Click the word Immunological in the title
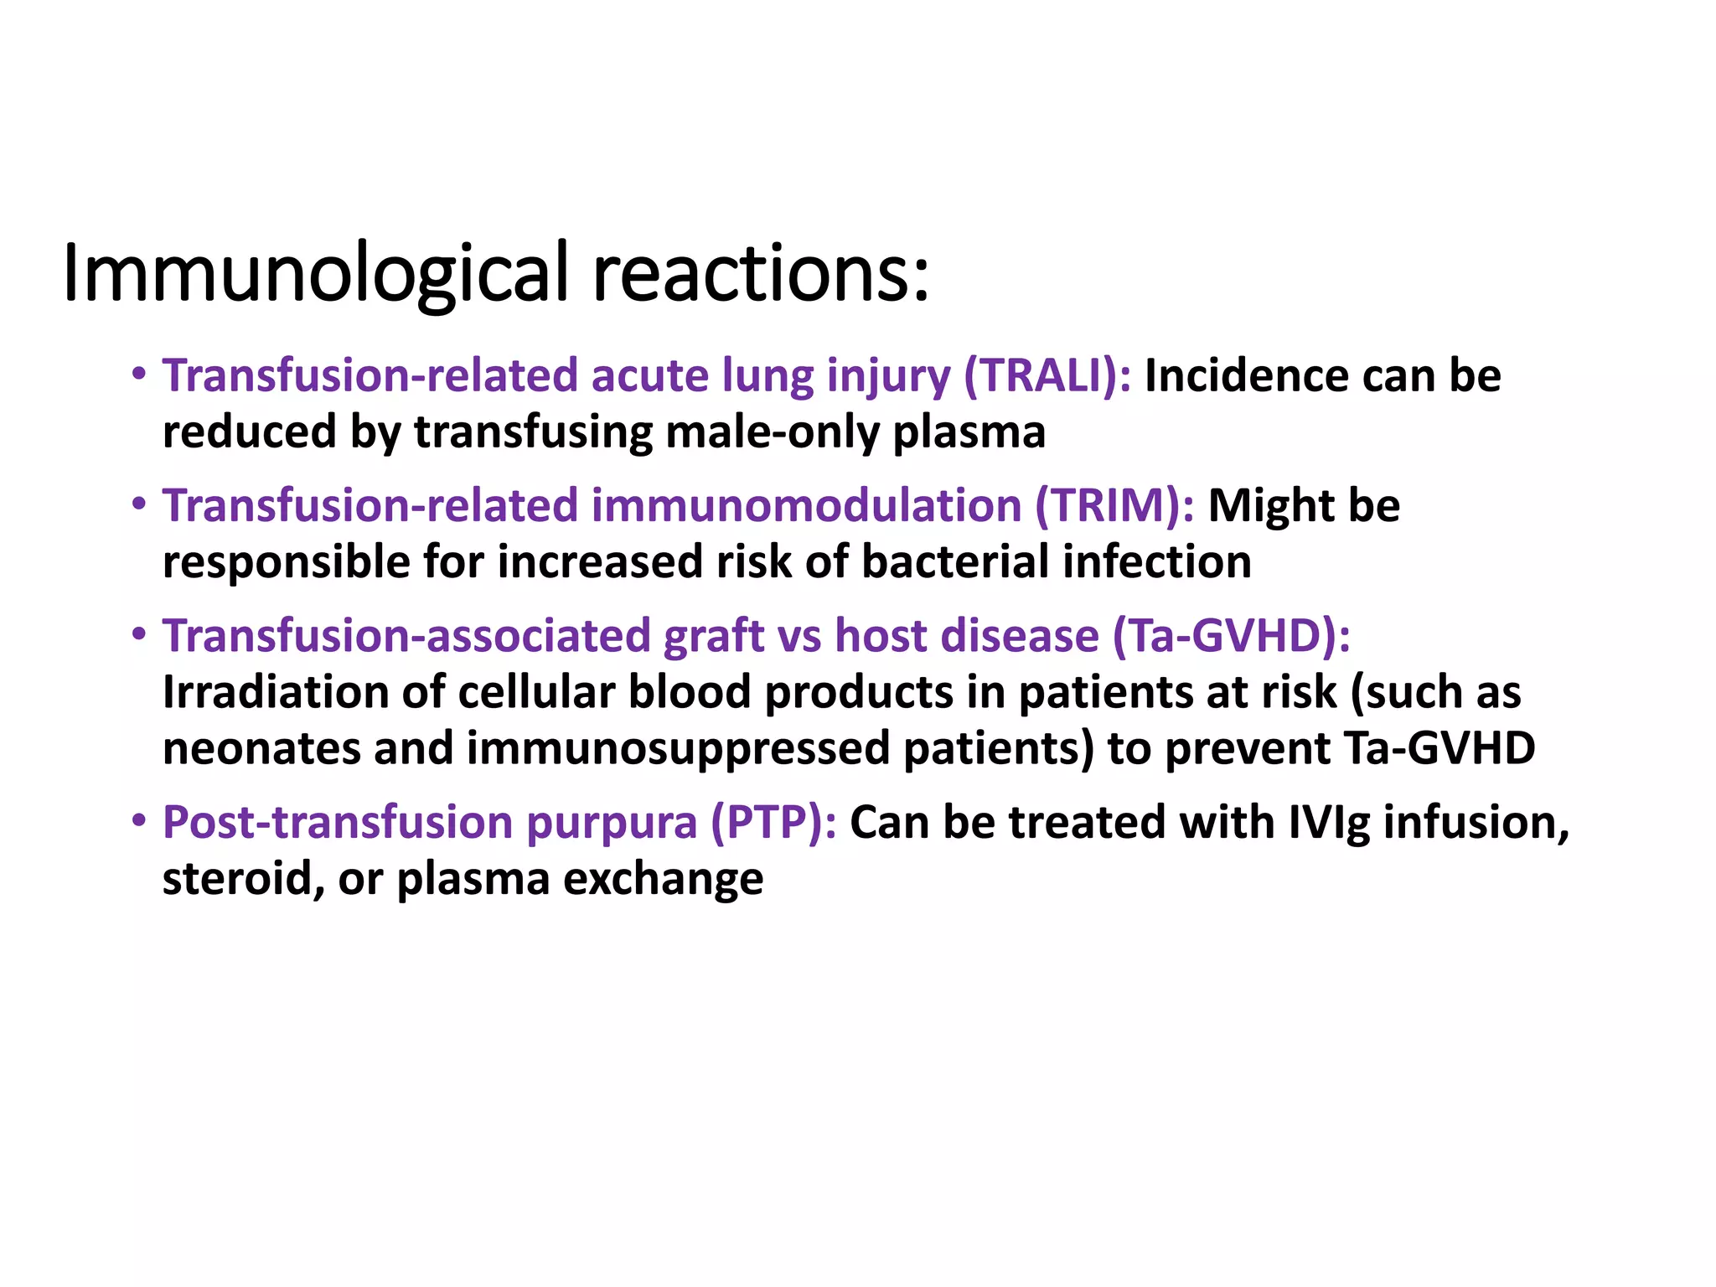tap(316, 274)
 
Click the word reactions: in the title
tap(761, 274)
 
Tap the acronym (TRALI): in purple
tap(1047, 375)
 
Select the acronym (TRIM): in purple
tap(1114, 505)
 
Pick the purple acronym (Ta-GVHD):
tap(1231, 635)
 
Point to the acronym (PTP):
tap(773, 822)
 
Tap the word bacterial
tap(954, 561)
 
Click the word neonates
tap(261, 748)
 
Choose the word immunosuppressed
tap(677, 748)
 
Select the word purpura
tap(611, 822)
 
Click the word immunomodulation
tap(806, 505)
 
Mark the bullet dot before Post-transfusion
tap(139, 820)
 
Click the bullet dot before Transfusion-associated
tap(139, 634)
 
